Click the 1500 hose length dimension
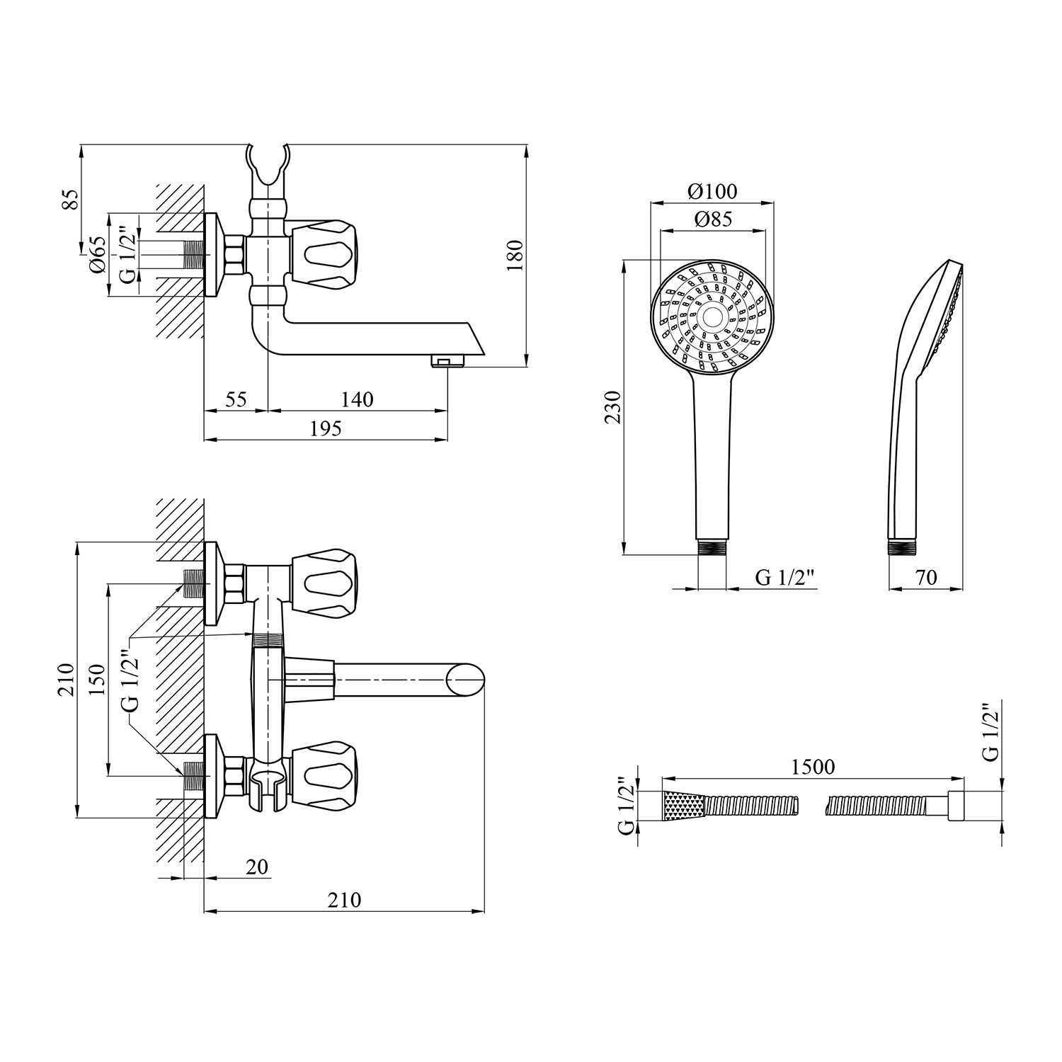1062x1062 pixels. (x=813, y=767)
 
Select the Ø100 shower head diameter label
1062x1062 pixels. (x=712, y=191)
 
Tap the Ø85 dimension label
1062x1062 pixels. (x=712, y=219)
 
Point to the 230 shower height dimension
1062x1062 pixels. (x=613, y=407)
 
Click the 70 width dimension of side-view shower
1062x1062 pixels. (x=925, y=578)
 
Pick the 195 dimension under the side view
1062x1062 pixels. (x=326, y=428)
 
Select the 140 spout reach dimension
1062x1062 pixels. (x=358, y=399)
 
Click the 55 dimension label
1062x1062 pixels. (x=236, y=399)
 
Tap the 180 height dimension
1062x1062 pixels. (x=515, y=256)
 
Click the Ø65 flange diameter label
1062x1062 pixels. (x=98, y=254)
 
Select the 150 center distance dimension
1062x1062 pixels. (x=97, y=680)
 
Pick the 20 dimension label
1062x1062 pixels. (x=258, y=867)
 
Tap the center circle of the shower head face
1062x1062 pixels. (x=712, y=316)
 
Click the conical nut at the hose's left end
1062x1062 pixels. (x=684, y=806)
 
